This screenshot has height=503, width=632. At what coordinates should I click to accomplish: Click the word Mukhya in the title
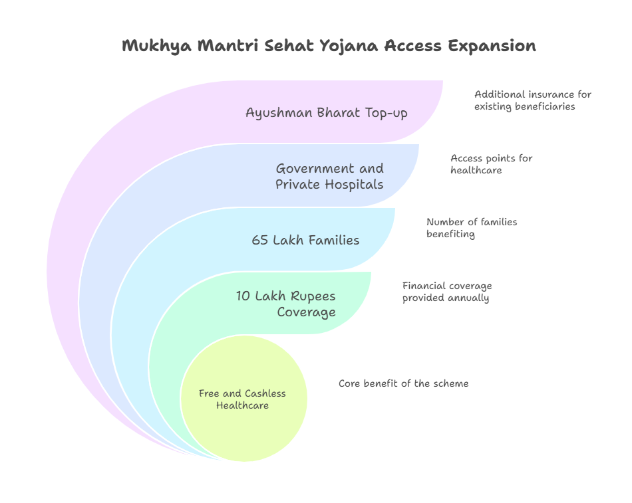(x=157, y=46)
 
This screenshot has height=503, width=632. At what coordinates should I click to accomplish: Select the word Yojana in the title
(x=349, y=46)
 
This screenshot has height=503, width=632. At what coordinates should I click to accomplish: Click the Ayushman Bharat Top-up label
(x=327, y=113)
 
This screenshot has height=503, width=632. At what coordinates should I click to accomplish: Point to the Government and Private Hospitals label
(x=330, y=176)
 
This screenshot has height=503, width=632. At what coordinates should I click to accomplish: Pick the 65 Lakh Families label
(x=305, y=240)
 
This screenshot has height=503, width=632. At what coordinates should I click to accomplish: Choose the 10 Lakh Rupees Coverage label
(x=286, y=304)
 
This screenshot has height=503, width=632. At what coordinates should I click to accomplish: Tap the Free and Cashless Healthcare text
(x=242, y=399)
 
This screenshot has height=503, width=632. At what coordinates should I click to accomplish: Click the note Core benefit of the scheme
(x=403, y=383)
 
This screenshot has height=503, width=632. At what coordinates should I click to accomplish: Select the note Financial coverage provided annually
(x=447, y=292)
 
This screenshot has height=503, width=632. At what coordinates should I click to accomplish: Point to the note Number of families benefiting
(x=472, y=228)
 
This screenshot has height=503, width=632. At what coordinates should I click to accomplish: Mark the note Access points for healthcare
(x=492, y=164)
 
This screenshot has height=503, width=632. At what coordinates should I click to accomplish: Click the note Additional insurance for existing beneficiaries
(x=532, y=100)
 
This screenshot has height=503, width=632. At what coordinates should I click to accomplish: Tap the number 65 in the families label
(x=259, y=240)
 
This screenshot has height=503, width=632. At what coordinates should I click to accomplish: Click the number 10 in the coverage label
(x=243, y=296)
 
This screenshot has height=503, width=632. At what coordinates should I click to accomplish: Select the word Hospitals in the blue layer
(x=355, y=185)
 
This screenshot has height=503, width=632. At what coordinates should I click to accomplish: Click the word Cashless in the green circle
(x=265, y=393)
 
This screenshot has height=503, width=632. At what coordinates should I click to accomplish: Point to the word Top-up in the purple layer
(x=387, y=113)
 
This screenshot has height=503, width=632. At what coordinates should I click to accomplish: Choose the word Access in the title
(x=412, y=46)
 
